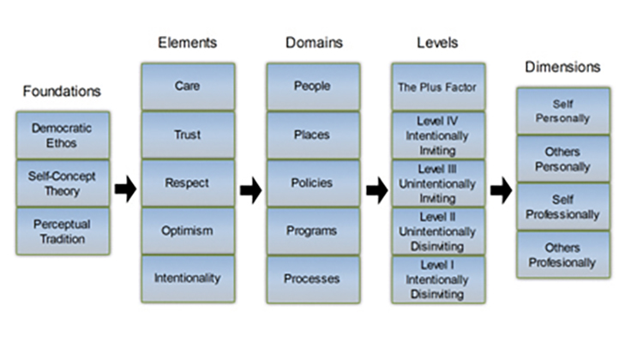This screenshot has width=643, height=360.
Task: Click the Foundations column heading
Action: coord(62,91)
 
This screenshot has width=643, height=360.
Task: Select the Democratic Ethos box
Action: coord(63,135)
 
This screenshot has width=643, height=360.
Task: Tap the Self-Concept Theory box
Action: coord(63,183)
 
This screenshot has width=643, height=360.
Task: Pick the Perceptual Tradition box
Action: coord(63,231)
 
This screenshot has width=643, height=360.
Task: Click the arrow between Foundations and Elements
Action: coord(125,189)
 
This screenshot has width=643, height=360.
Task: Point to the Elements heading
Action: coord(188,43)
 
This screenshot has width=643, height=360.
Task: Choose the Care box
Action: coord(188,87)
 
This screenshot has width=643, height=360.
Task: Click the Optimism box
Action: coord(188,231)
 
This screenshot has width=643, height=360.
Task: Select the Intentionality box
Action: coord(188,279)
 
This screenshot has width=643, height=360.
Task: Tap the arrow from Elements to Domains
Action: coord(251,189)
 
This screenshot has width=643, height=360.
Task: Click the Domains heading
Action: coord(314,43)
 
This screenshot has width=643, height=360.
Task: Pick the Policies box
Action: coord(313,183)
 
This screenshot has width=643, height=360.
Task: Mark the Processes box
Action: coord(313,279)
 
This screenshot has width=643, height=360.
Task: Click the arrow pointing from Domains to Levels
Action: coord(377,189)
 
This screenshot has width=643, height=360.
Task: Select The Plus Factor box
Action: coord(438,87)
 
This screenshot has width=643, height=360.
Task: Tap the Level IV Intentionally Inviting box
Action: coord(438,135)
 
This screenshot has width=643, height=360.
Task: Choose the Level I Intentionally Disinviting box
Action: coord(438,279)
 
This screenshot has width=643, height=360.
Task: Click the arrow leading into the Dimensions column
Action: coord(502,189)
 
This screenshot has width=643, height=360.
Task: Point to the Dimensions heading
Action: coord(562,67)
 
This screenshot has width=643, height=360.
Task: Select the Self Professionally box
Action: coord(563,207)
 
